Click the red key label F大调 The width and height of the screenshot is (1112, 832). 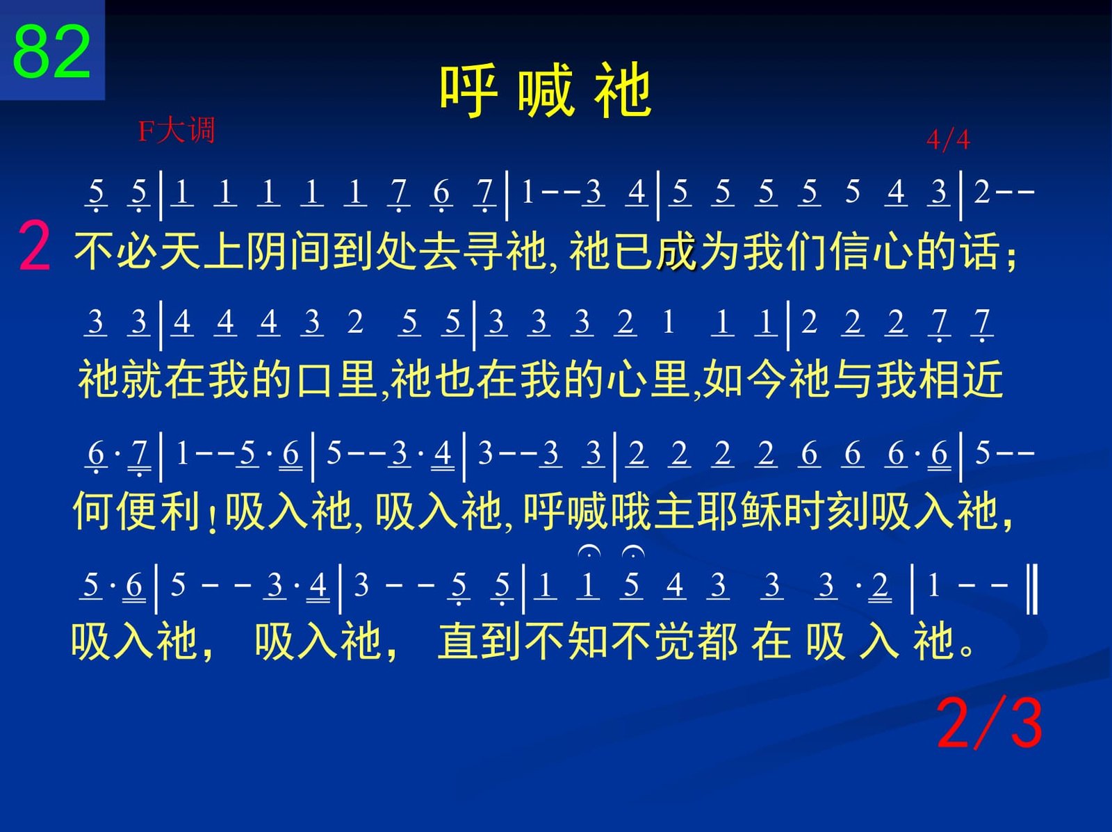177,130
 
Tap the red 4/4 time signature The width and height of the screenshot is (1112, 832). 948,139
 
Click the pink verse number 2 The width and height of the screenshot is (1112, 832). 34,247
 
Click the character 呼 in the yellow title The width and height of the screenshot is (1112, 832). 468,91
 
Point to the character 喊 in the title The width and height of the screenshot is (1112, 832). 546,91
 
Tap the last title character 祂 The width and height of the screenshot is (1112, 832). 623,91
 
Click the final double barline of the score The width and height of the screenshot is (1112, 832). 1032,589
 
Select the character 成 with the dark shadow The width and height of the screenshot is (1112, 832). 678,252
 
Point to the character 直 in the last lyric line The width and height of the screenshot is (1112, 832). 458,641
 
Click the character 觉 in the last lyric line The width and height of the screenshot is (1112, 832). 674,641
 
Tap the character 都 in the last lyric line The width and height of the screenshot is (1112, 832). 717,641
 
